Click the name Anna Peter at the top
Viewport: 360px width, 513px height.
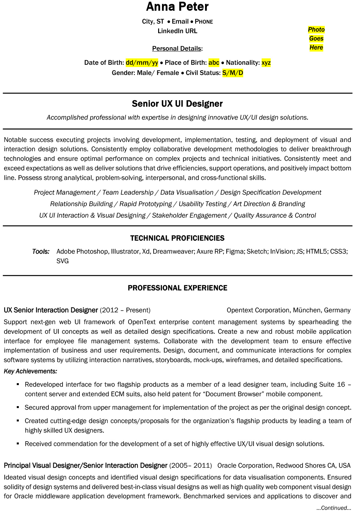click(x=177, y=7)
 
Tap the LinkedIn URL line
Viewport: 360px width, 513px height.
click(x=177, y=31)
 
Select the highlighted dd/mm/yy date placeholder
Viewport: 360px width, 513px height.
click(x=142, y=63)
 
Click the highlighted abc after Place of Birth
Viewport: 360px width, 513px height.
click(x=214, y=63)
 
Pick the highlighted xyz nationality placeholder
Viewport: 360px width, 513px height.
click(x=266, y=63)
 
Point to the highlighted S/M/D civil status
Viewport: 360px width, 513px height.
click(x=232, y=73)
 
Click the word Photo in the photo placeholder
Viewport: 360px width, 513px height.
click(x=316, y=30)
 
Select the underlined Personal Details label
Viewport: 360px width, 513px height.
click(x=177, y=48)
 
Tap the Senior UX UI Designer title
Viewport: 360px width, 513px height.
click(x=177, y=104)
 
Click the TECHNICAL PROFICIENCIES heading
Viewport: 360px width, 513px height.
click(x=177, y=238)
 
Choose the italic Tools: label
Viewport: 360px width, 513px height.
click(x=41, y=251)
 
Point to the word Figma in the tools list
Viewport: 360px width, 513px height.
click(x=234, y=251)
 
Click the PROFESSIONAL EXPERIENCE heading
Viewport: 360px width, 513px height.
click(x=177, y=288)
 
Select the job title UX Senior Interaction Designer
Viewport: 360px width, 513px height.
click(x=51, y=310)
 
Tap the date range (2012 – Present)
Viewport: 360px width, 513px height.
click(x=125, y=310)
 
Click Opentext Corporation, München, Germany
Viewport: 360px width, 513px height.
click(x=288, y=310)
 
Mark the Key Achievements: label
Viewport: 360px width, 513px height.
click(x=31, y=371)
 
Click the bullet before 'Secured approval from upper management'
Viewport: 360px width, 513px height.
click(x=18, y=407)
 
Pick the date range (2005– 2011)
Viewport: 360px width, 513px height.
click(x=190, y=465)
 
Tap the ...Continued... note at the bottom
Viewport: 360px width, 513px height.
click(x=334, y=508)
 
